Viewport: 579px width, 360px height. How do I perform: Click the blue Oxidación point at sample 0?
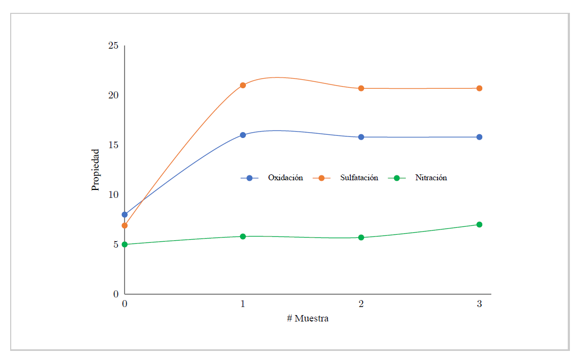click(x=125, y=215)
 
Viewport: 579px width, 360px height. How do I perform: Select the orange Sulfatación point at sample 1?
click(x=243, y=85)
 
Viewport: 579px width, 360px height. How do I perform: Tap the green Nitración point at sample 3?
click(x=479, y=225)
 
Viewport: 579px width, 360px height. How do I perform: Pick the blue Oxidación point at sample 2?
click(x=361, y=137)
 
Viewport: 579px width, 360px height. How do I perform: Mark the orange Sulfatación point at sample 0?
click(x=125, y=225)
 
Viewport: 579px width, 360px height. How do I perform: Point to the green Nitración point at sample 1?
click(x=243, y=236)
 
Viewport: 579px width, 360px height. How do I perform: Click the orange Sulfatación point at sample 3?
click(x=479, y=88)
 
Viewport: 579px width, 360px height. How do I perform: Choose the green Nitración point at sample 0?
click(x=125, y=244)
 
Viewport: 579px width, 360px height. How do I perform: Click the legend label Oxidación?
click(x=285, y=178)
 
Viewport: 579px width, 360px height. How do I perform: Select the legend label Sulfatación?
click(x=359, y=178)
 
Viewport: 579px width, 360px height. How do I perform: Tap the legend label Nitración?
click(x=431, y=178)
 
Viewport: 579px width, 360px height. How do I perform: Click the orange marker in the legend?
click(x=322, y=178)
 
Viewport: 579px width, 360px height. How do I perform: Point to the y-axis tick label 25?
click(x=113, y=45)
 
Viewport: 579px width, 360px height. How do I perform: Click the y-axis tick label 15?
click(x=113, y=145)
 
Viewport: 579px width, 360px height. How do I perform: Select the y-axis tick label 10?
click(x=113, y=195)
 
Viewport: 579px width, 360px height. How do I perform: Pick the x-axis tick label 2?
click(x=361, y=304)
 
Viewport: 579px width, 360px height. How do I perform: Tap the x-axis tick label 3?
click(x=479, y=304)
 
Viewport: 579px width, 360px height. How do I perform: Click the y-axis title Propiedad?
click(x=96, y=170)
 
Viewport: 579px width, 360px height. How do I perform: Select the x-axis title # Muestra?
click(x=307, y=319)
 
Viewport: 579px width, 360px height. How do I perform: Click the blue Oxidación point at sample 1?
click(x=243, y=135)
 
